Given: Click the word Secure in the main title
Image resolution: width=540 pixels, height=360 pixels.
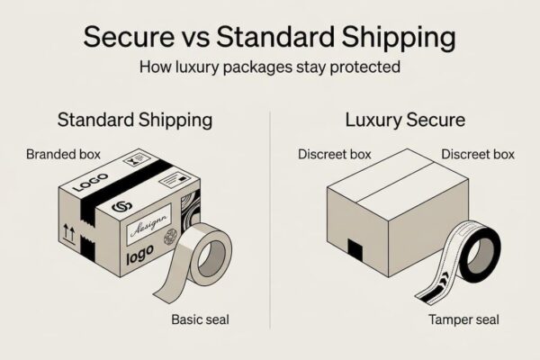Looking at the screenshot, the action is click(129, 37).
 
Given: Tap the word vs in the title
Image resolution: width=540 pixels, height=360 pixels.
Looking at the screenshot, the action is click(195, 38).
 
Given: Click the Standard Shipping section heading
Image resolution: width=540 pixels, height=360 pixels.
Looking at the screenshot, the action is click(135, 121).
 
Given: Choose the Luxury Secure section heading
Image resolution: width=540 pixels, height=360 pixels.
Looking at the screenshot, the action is click(405, 121).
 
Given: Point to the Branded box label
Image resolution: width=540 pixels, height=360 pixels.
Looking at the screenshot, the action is click(63, 154).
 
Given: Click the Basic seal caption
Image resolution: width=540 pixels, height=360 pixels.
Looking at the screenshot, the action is click(200, 319).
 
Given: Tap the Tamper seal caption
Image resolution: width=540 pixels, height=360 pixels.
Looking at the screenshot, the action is click(463, 319).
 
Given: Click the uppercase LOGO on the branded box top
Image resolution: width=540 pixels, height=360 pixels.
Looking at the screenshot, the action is click(91, 182).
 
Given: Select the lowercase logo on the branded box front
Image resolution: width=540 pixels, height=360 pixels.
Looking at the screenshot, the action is click(139, 255).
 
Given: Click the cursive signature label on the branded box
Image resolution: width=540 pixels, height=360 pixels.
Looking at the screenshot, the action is click(148, 224).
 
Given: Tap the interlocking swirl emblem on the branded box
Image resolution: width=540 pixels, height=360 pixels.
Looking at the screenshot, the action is click(122, 206).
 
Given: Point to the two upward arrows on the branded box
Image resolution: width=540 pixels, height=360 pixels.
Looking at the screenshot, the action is click(69, 234).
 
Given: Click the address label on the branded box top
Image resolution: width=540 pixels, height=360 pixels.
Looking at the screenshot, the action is click(175, 180).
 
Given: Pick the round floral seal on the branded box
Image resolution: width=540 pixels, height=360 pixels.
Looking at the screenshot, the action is click(170, 237).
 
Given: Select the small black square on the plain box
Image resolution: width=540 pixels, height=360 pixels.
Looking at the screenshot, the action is click(355, 250).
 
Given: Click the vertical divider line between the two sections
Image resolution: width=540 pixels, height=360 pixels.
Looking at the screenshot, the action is click(270, 220).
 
